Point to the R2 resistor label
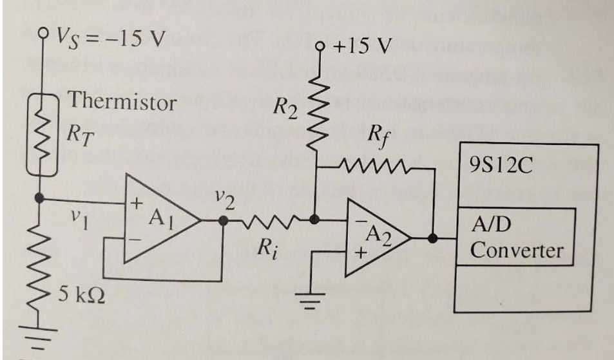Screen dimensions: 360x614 pyautogui.click(x=283, y=107)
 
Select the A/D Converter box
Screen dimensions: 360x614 pyautogui.click(x=515, y=236)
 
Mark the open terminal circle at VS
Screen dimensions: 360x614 pyautogui.click(x=43, y=32)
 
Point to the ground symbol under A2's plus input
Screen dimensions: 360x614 pyautogui.click(x=311, y=300)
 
